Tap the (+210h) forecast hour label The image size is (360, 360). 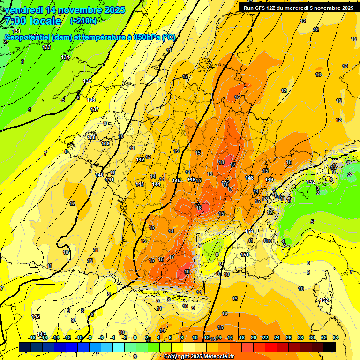pyautogui.click(x=83, y=21)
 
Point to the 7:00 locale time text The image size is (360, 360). pyautogui.click(x=33, y=21)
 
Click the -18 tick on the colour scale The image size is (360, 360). pyautogui.click(x=32, y=337)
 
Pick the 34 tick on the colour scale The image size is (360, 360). pyautogui.click(x=336, y=337)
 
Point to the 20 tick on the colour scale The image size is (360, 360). pyautogui.click(x=253, y=337)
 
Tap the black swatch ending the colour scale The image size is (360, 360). pyautogui.click(x=329, y=347)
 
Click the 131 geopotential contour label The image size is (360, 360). pyautogui.click(x=16, y=31)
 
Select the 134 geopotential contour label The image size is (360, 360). pyautogui.click(x=65, y=57)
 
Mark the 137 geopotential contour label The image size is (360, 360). pyautogui.click(x=95, y=109)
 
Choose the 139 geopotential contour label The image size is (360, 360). pyautogui.click(x=105, y=143)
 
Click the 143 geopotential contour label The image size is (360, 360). pyautogui.click(x=140, y=184)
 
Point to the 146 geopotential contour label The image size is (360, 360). pyautogui.click(x=191, y=180)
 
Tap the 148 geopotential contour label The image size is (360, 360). pyautogui.click(x=249, y=178)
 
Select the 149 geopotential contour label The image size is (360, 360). pyautogui.click(x=269, y=180)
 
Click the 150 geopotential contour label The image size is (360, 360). pyautogui.click(x=249, y=232)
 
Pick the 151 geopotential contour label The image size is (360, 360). pyautogui.click(x=245, y=255)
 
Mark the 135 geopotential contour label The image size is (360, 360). pyautogui.click(x=87, y=82)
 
